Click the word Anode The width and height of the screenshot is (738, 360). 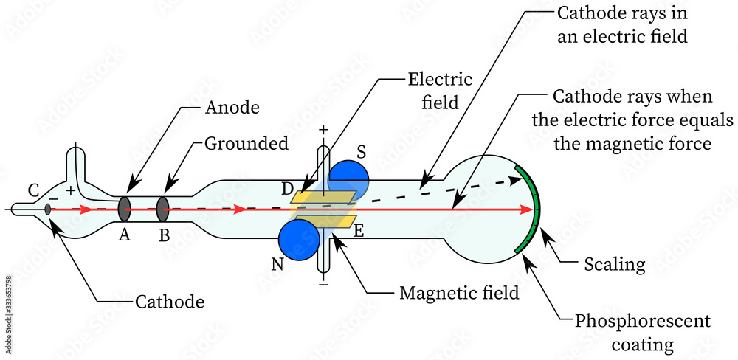[231, 107]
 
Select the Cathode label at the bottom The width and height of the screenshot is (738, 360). [170, 301]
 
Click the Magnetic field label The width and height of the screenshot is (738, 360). [459, 292]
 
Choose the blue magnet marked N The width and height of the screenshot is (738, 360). [298, 241]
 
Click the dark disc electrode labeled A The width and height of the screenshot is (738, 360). [124, 209]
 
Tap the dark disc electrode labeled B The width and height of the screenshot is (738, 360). [163, 209]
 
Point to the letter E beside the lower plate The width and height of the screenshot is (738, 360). [360, 230]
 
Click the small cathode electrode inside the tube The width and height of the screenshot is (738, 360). [48, 210]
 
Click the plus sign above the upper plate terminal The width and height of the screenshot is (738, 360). [323, 130]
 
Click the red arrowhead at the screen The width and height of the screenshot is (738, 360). [528, 210]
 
